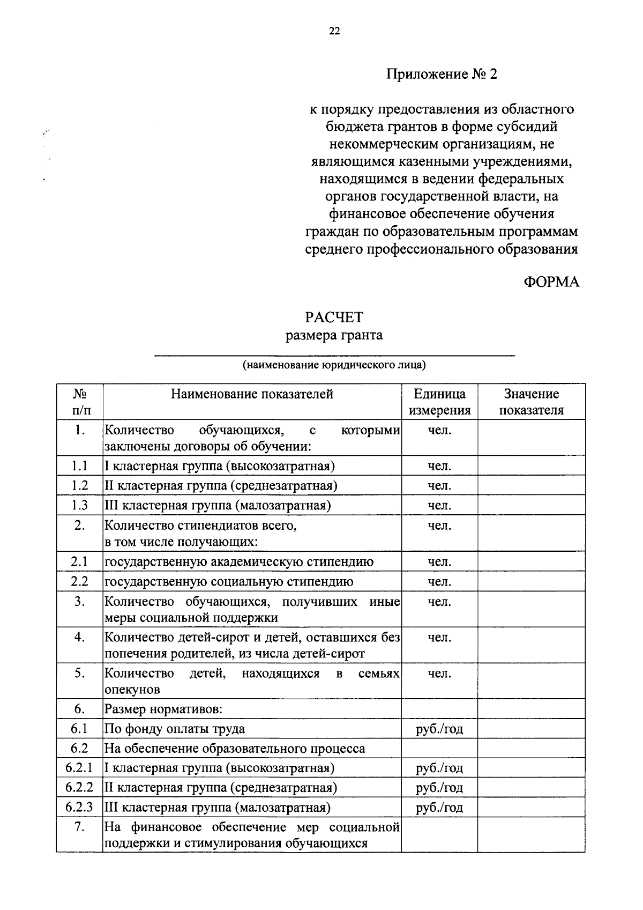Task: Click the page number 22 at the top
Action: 334,31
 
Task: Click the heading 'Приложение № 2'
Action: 442,74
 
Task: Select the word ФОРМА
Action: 551,282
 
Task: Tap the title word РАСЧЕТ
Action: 334,317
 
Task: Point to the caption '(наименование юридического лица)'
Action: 334,365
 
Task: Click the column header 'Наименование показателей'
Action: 252,394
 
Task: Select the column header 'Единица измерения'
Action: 439,402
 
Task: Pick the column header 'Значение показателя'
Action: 531,402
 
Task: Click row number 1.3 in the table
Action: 79,505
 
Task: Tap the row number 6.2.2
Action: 79,787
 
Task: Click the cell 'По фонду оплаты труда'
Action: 174,729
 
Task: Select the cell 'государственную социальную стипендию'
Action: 229,582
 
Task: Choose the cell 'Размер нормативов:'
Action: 163,709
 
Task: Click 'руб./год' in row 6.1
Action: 439,729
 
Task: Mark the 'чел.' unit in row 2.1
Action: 439,562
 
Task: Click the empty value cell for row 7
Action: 531,834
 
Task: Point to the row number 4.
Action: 79,638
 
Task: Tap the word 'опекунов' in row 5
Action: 132,689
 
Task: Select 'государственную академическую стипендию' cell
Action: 239,562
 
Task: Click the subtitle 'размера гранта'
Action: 334,336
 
